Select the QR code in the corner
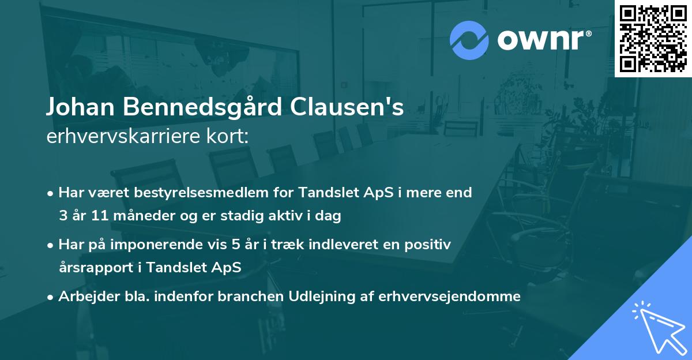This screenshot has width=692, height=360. coord(653,39)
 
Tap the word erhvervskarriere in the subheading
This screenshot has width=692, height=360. coord(115,137)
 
